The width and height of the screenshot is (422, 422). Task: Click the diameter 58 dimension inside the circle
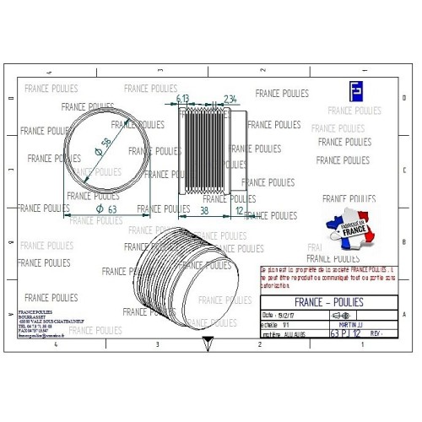[107, 146]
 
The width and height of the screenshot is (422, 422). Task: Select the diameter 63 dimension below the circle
[106, 208]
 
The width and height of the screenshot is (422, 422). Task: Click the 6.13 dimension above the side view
[183, 99]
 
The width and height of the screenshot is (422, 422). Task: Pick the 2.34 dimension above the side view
[230, 99]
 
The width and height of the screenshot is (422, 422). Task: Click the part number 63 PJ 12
[347, 333]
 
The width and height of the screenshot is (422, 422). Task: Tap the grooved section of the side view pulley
[203, 151]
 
